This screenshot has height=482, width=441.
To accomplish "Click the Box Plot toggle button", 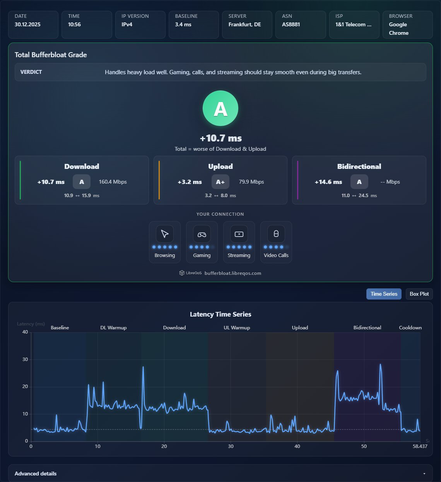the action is (x=419, y=294).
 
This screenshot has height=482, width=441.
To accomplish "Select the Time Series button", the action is (x=384, y=294).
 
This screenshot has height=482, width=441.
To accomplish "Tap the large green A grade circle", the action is (x=220, y=108).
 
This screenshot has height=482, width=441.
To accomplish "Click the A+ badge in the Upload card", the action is (x=220, y=182).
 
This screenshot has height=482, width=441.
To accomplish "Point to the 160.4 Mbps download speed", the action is (x=113, y=182).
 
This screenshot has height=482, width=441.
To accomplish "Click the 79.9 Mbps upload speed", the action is (x=251, y=182).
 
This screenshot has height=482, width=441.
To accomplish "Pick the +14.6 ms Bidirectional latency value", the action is (x=328, y=182).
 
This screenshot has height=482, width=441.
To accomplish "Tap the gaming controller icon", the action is (x=202, y=234).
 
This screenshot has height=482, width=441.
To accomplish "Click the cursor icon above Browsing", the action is (x=164, y=234).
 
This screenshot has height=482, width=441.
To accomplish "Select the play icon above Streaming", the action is (x=239, y=234).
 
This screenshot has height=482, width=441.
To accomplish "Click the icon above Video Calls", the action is (x=276, y=233).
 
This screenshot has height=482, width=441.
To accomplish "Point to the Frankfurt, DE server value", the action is (x=244, y=25).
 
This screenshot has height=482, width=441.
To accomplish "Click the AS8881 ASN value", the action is (x=291, y=25).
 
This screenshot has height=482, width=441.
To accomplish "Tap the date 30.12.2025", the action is (x=27, y=25).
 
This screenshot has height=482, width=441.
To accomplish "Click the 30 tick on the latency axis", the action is (x=25, y=359).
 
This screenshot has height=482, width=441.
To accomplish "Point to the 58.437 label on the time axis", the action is (x=420, y=446).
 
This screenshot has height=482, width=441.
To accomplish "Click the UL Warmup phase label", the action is (x=237, y=327).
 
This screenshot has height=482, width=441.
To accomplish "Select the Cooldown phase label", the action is (x=410, y=327).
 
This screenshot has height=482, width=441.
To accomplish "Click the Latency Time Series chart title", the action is (x=220, y=314).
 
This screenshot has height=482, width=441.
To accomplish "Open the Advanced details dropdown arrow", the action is (x=424, y=474).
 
